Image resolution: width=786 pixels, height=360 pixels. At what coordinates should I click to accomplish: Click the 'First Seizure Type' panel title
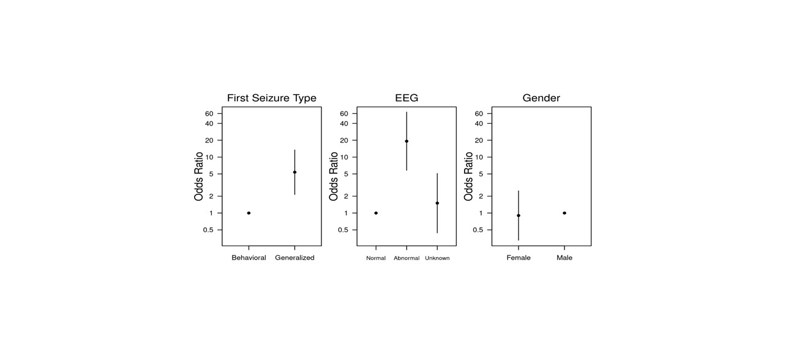coord(271,98)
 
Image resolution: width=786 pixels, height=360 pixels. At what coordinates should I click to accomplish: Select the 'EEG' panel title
coord(406,98)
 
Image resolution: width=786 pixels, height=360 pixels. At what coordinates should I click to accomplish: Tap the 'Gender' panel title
coord(541,98)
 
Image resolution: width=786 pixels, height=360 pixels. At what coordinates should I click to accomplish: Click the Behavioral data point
coord(249,213)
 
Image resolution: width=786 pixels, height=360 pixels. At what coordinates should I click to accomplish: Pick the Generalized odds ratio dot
coord(294,172)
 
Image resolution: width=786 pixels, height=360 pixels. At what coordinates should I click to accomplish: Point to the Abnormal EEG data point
coord(406,141)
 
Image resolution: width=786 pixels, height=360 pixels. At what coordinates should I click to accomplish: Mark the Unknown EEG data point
coord(437,203)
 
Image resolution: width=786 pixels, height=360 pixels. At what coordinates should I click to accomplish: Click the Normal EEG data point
coord(376,213)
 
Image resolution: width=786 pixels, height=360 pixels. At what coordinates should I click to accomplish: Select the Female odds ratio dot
coord(518,216)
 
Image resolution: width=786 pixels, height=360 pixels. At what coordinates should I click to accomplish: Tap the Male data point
coord(564,213)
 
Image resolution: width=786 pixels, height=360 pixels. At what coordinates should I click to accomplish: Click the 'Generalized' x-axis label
coord(294,258)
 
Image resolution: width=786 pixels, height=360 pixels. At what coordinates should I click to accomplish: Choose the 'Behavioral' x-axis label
coord(249,258)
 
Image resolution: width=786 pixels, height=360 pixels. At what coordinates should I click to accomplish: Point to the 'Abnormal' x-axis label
coord(406,258)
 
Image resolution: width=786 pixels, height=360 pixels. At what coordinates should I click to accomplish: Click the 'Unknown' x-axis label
coord(437,258)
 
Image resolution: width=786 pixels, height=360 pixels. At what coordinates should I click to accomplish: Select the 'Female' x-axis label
coord(518,258)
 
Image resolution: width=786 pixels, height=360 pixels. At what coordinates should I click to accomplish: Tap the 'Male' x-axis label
coord(564,258)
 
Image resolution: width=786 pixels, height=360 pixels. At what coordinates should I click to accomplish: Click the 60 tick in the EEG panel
coord(344,114)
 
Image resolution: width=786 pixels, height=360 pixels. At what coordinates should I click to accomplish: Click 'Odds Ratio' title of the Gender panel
coord(469,176)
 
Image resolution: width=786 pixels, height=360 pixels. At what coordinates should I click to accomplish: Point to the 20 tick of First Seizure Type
coord(209,140)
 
